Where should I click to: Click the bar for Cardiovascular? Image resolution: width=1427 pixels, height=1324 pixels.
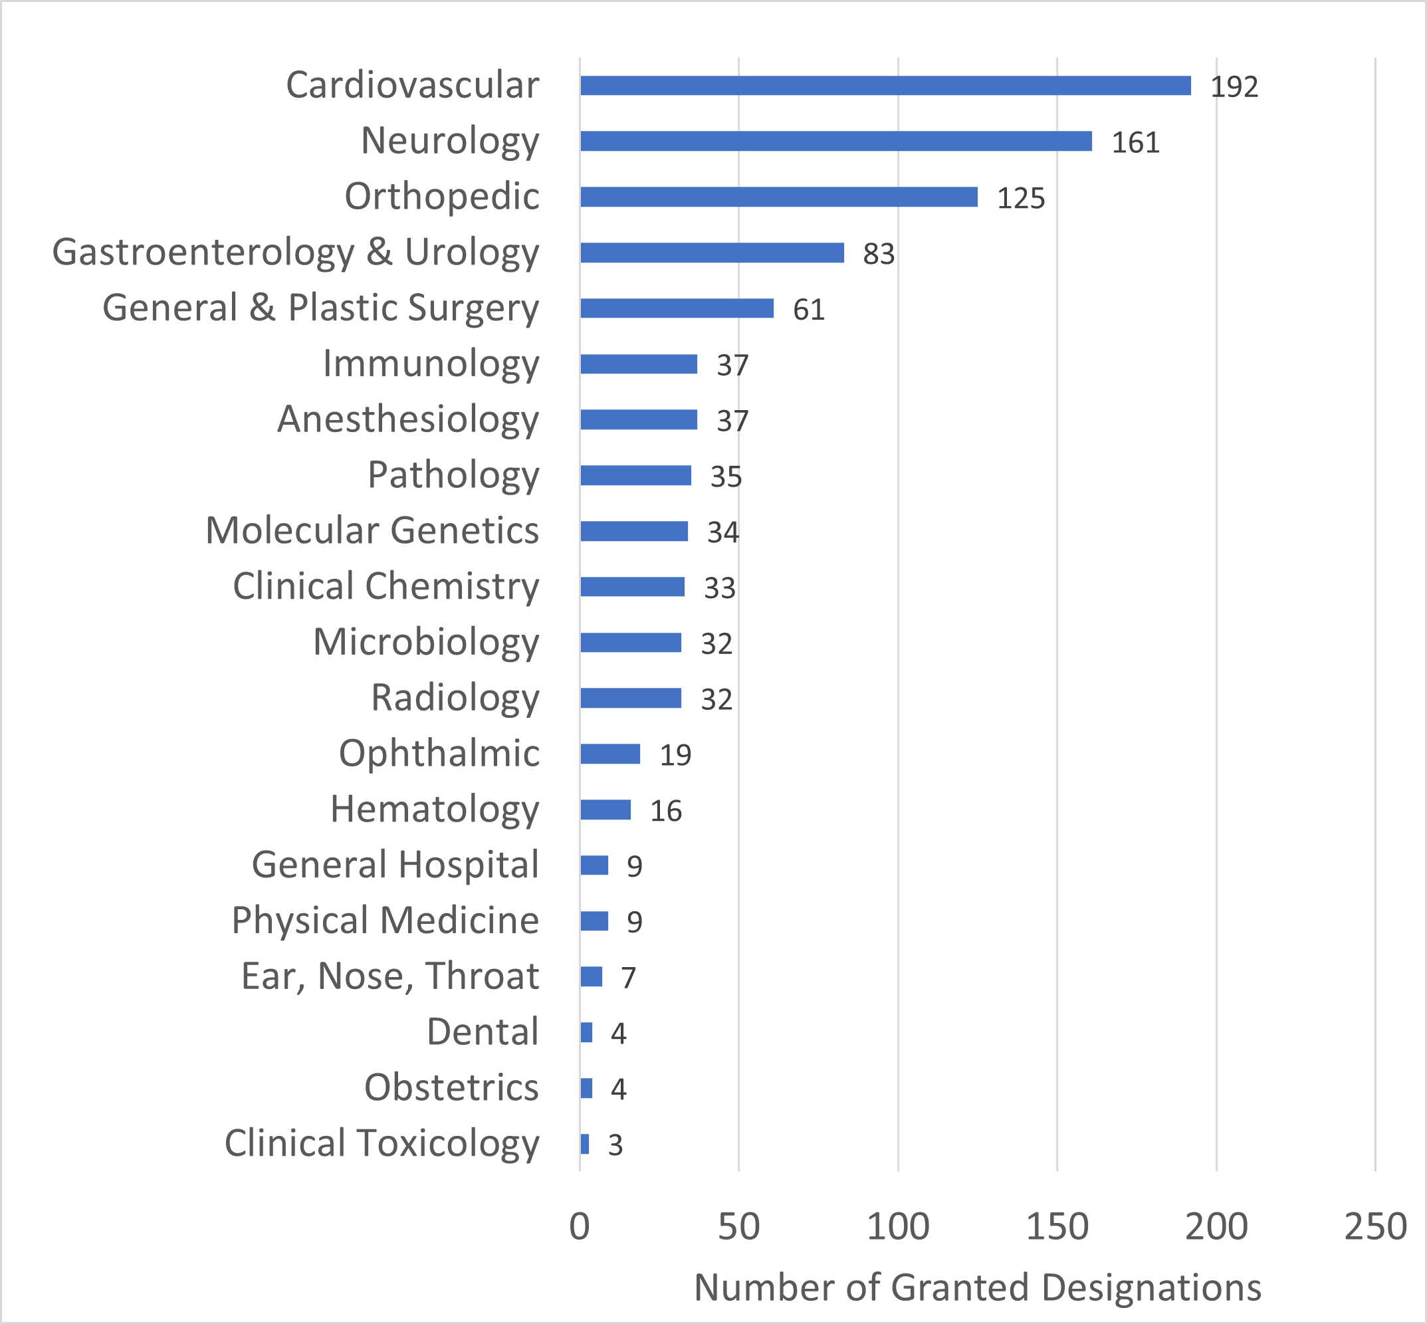pos(885,86)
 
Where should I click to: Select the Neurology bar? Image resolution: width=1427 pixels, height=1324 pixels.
pos(836,141)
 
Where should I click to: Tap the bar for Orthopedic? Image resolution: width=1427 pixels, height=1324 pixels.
pos(779,197)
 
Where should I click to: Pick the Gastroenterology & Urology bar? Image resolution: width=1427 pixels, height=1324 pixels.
pos(712,253)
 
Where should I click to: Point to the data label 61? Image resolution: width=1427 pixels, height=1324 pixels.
pos(809,310)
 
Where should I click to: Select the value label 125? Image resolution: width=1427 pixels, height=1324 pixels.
pos(1021,199)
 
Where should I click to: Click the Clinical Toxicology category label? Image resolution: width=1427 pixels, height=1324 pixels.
pos(381,1143)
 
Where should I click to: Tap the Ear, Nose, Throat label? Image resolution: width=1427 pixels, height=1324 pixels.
pos(389,976)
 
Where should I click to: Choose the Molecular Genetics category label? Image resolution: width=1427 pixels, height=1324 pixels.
pos(372,531)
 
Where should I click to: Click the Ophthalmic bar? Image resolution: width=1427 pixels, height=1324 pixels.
pos(609,754)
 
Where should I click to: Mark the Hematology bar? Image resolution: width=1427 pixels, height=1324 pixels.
pos(605,810)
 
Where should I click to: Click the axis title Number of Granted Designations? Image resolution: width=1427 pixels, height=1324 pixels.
pos(977,1287)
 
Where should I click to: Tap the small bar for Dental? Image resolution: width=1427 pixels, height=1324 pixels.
pos(587,1032)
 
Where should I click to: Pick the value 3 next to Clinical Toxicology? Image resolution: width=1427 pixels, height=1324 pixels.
pos(615,1146)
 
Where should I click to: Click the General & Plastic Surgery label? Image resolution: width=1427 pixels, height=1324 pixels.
pos(320,308)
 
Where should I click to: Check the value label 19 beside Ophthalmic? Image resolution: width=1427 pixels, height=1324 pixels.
pos(675,755)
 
